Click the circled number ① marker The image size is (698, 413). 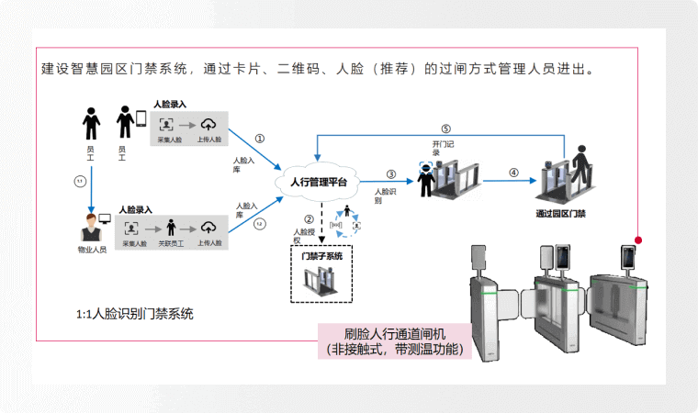click(260, 139)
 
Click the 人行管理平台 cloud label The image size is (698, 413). click(318, 183)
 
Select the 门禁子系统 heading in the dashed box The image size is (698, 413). click(322, 256)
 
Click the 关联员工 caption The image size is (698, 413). click(170, 242)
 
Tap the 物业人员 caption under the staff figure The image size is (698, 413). click(92, 249)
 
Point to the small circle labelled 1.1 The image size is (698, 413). click(80, 181)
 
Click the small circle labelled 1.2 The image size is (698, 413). click(260, 224)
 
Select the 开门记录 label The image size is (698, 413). click(443, 149)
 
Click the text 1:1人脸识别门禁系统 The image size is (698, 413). click(135, 314)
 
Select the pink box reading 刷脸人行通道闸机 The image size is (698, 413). click(395, 340)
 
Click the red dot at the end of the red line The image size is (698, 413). click(638, 240)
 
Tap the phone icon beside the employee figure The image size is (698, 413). click(141, 118)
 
